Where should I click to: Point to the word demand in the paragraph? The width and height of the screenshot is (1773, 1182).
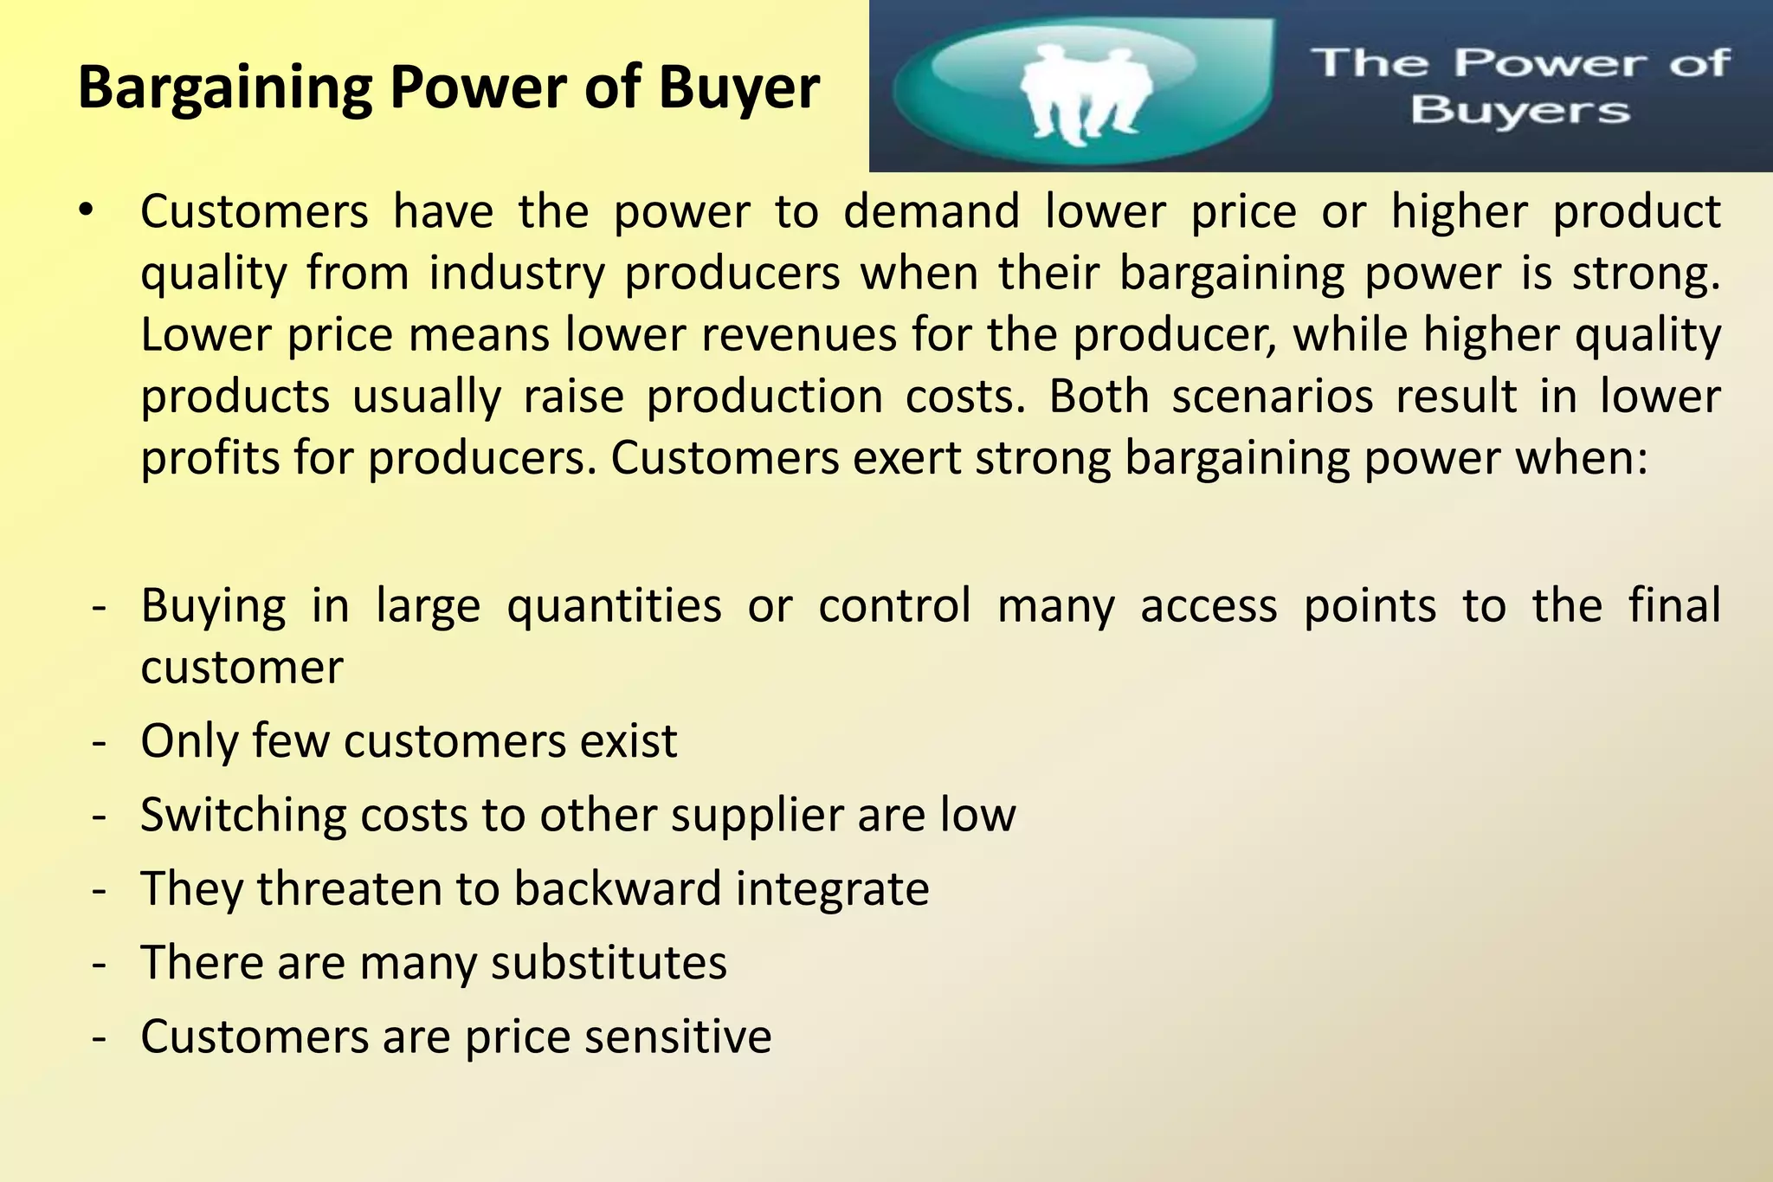(x=932, y=211)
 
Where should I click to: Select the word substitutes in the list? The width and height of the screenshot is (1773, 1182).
(x=609, y=963)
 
